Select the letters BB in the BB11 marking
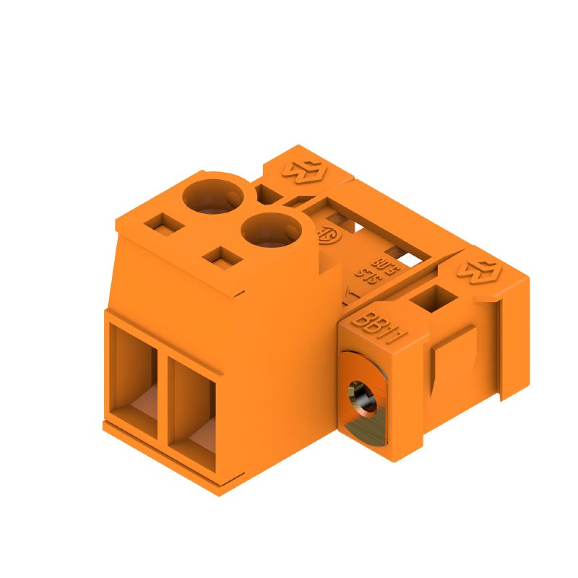[x=365, y=322]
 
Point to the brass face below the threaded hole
[x=365, y=426]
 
